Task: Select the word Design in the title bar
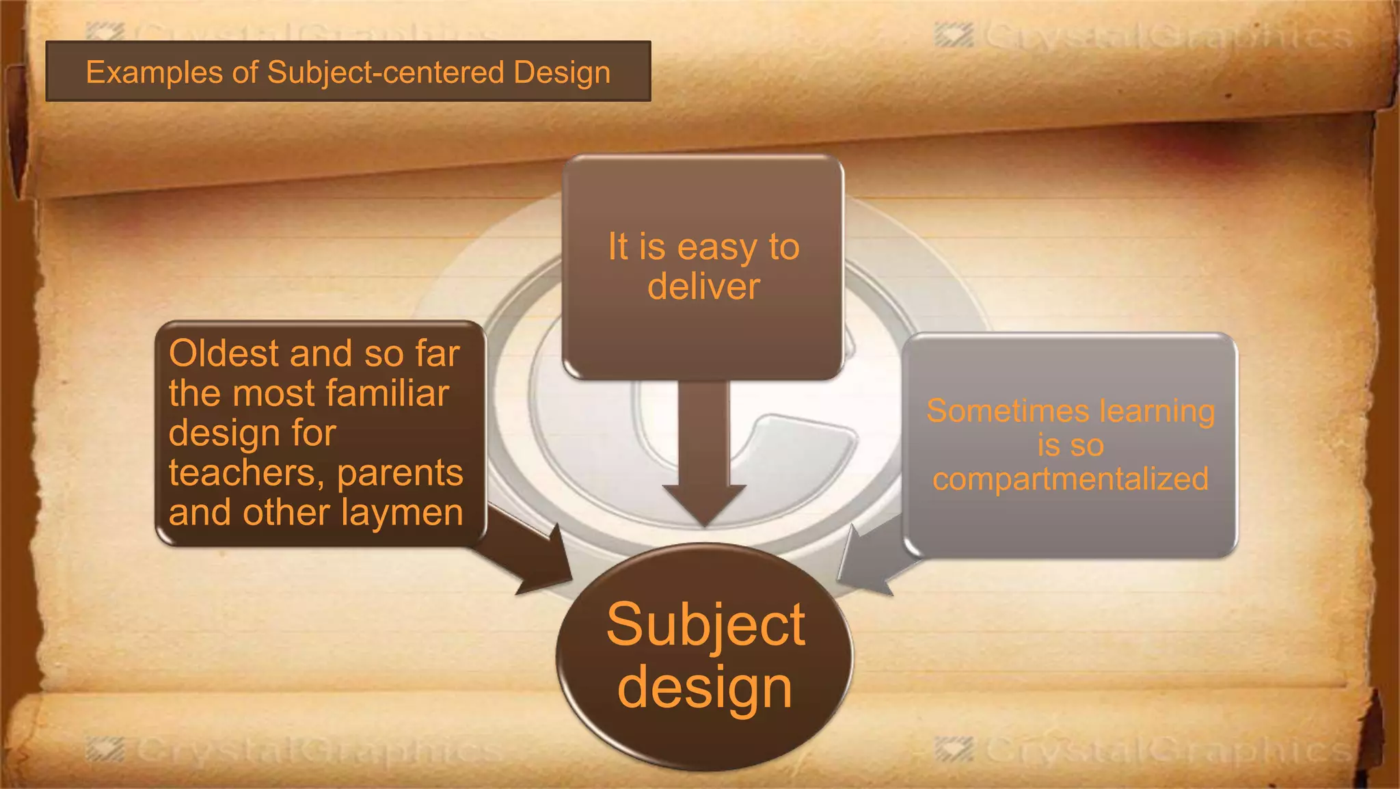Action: pos(562,72)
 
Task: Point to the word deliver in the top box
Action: pos(703,286)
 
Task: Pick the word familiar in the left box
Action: pos(388,393)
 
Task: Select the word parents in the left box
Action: pos(400,473)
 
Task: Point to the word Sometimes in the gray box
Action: pos(1008,412)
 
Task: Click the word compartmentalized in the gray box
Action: pos(1070,479)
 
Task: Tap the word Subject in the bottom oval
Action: pos(705,626)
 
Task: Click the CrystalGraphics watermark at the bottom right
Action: pos(1145,750)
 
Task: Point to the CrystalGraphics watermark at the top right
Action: pos(1145,36)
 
